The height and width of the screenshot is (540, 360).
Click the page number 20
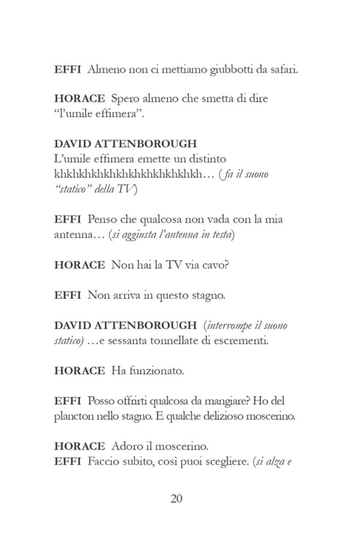pos(176,499)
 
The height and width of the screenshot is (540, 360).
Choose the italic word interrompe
pos(235,325)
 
